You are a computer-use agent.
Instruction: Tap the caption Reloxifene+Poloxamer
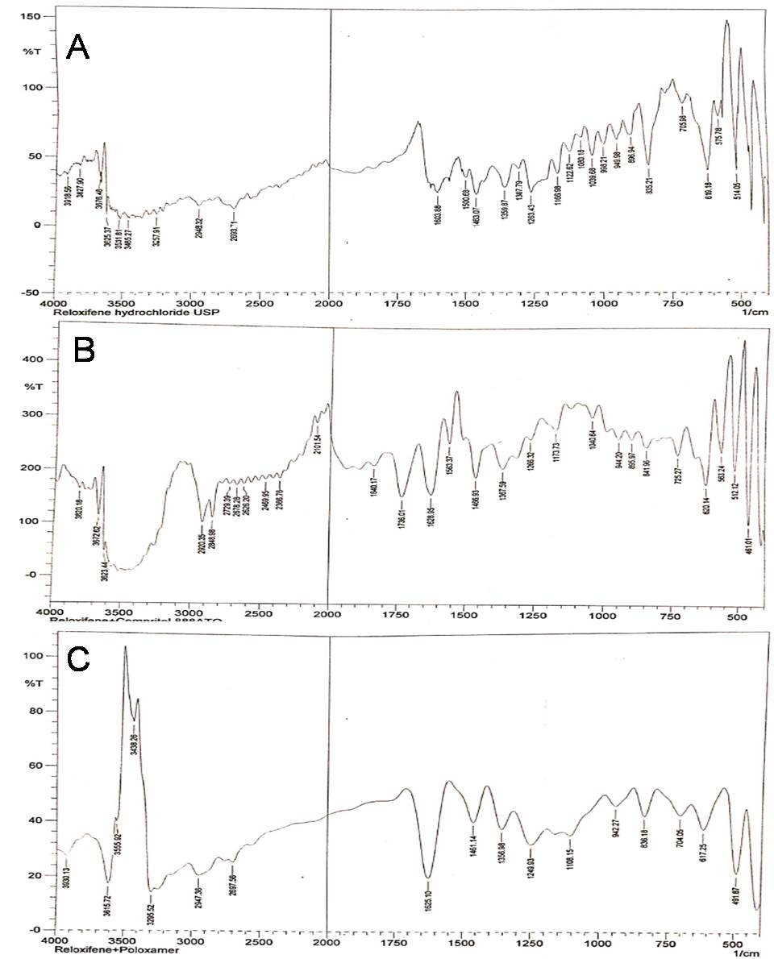116,950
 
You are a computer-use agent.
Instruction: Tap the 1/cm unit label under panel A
751,311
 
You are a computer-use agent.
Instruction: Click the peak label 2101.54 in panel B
317,450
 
